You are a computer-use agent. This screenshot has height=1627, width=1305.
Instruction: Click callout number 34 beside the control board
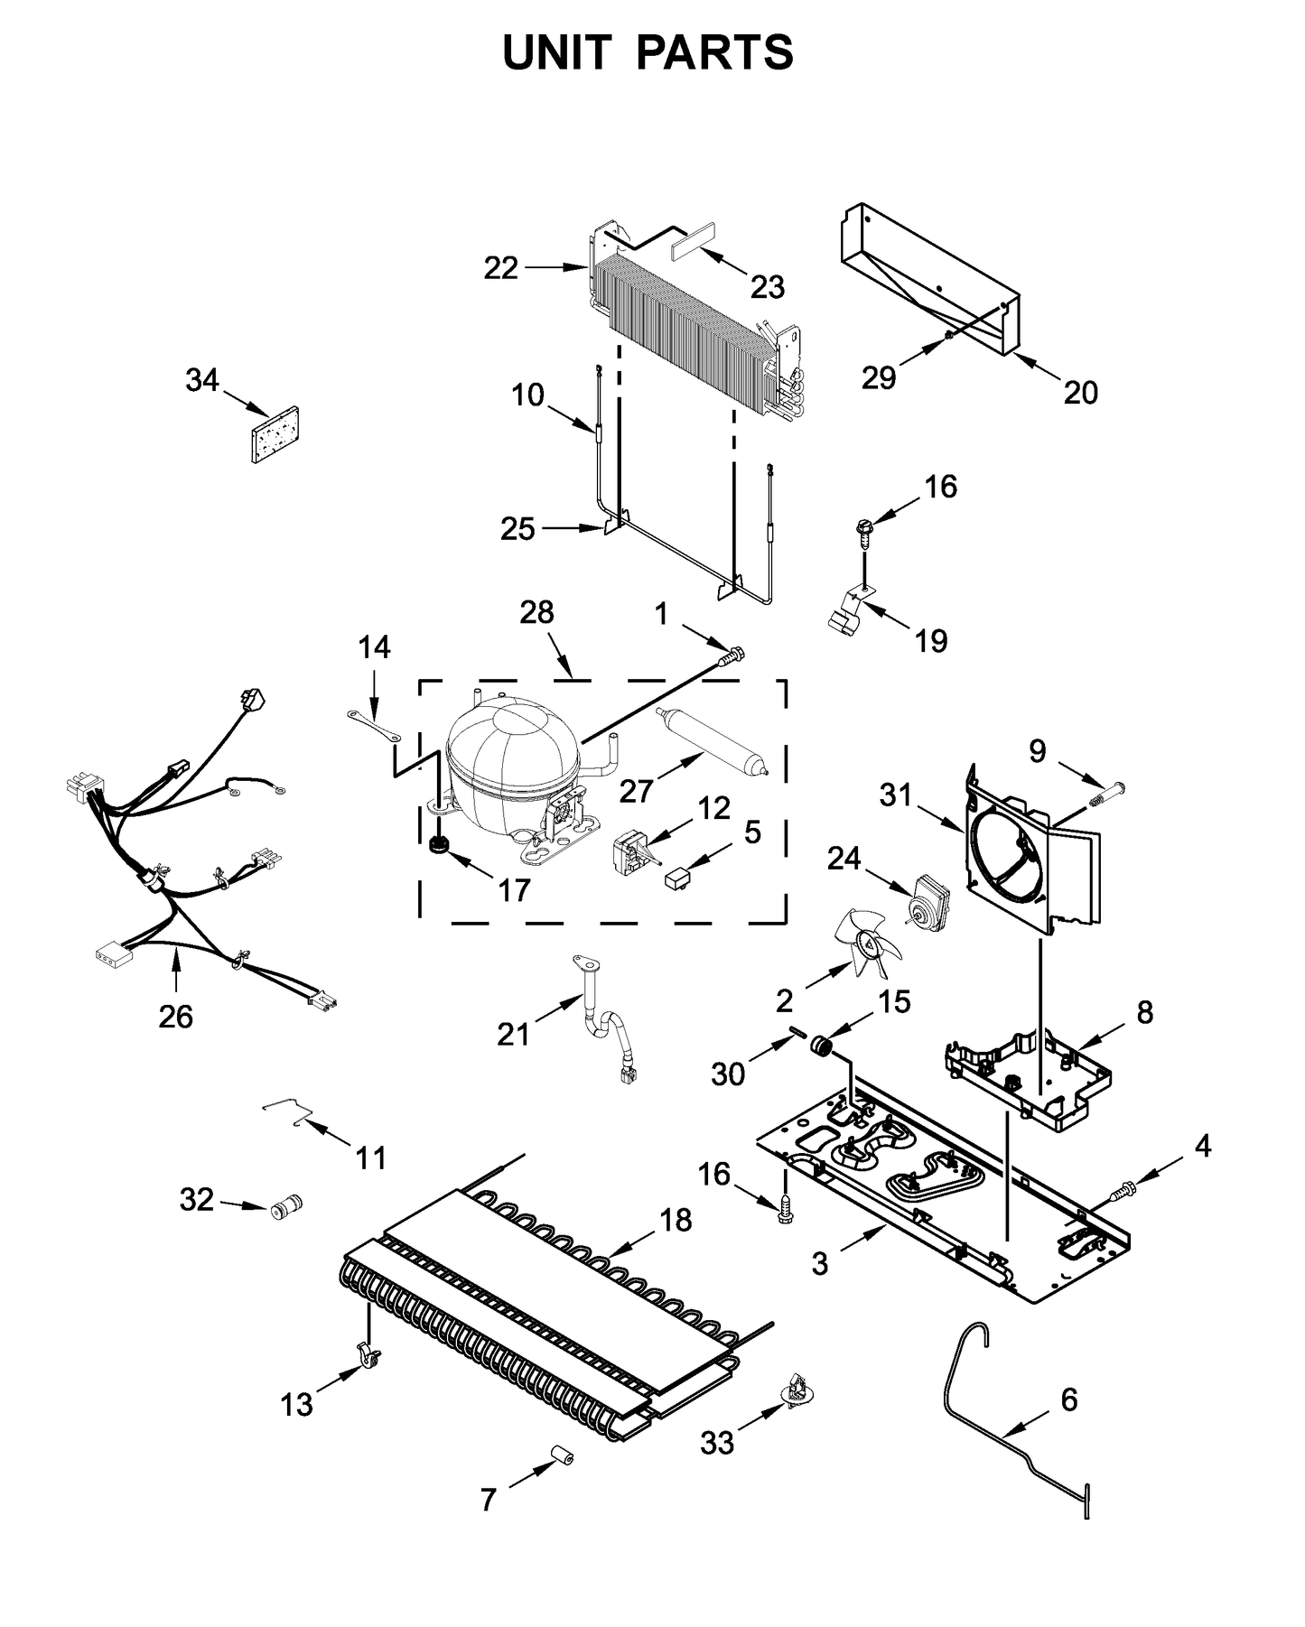(x=202, y=381)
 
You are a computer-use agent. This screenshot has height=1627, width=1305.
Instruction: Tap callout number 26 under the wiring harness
(x=175, y=1017)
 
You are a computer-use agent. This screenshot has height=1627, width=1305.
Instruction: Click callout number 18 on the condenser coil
(x=675, y=1220)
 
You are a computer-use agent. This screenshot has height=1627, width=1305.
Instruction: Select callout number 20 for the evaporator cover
(x=1080, y=392)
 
